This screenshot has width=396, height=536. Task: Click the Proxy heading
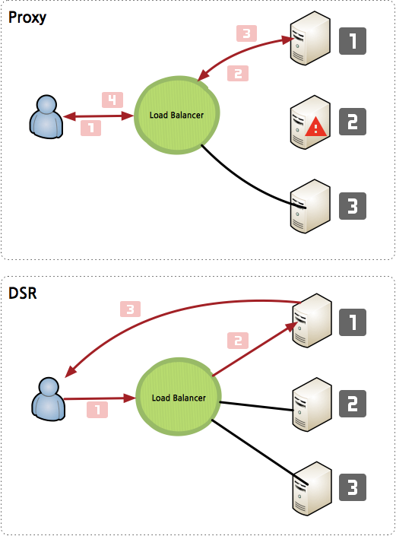(27, 17)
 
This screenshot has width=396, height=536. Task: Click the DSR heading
(23, 293)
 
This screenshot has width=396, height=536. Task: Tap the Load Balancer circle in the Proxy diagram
(176, 115)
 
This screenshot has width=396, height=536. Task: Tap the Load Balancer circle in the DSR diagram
(179, 397)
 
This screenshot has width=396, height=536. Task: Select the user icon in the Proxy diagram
(46, 117)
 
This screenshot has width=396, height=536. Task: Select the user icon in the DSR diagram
(48, 399)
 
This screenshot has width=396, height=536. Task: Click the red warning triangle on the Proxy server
(315, 127)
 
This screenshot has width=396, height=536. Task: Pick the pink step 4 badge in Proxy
(112, 100)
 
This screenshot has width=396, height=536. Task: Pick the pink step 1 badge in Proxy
(91, 128)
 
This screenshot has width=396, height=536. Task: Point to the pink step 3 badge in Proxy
(247, 33)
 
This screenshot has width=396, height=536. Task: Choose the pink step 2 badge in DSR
(238, 341)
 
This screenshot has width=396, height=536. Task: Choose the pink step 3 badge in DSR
(130, 309)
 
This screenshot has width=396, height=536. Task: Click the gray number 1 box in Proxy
(353, 41)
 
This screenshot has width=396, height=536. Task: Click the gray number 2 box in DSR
(353, 404)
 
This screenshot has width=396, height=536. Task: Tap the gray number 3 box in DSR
(353, 487)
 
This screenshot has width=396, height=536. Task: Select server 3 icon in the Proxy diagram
(310, 207)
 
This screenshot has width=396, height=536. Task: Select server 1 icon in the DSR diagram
(312, 320)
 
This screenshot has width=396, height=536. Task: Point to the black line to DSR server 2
(256, 406)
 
